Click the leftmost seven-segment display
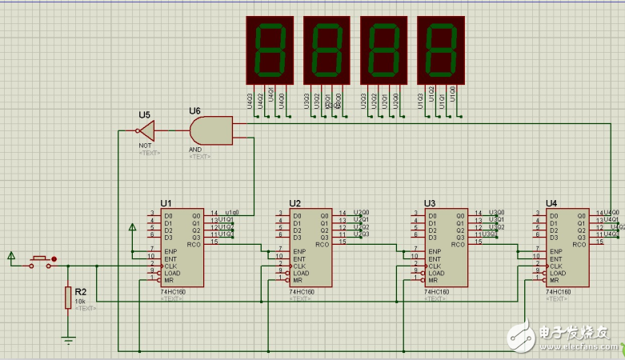(x=269, y=50)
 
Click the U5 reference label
(x=144, y=114)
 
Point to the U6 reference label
(x=194, y=110)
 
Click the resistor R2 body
(x=68, y=298)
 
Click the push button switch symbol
(x=42, y=259)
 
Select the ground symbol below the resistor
(x=69, y=339)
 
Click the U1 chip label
(x=166, y=203)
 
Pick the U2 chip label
(x=294, y=203)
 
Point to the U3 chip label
(x=430, y=203)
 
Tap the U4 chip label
(x=551, y=203)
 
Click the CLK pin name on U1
(x=170, y=265)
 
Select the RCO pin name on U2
(x=323, y=245)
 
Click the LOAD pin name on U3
(x=437, y=272)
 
